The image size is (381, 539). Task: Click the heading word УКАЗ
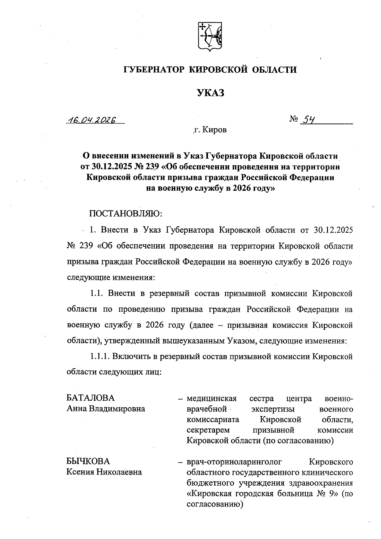(x=210, y=93)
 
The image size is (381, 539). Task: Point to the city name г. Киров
(x=210, y=130)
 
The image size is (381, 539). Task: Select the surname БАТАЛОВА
(x=90, y=398)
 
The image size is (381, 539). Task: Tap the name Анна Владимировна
(x=106, y=409)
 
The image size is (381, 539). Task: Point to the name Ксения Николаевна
(x=104, y=472)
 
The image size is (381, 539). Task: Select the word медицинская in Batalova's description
(x=212, y=398)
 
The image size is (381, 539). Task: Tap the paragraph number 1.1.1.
(x=100, y=357)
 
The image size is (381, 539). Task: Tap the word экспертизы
(x=273, y=409)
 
